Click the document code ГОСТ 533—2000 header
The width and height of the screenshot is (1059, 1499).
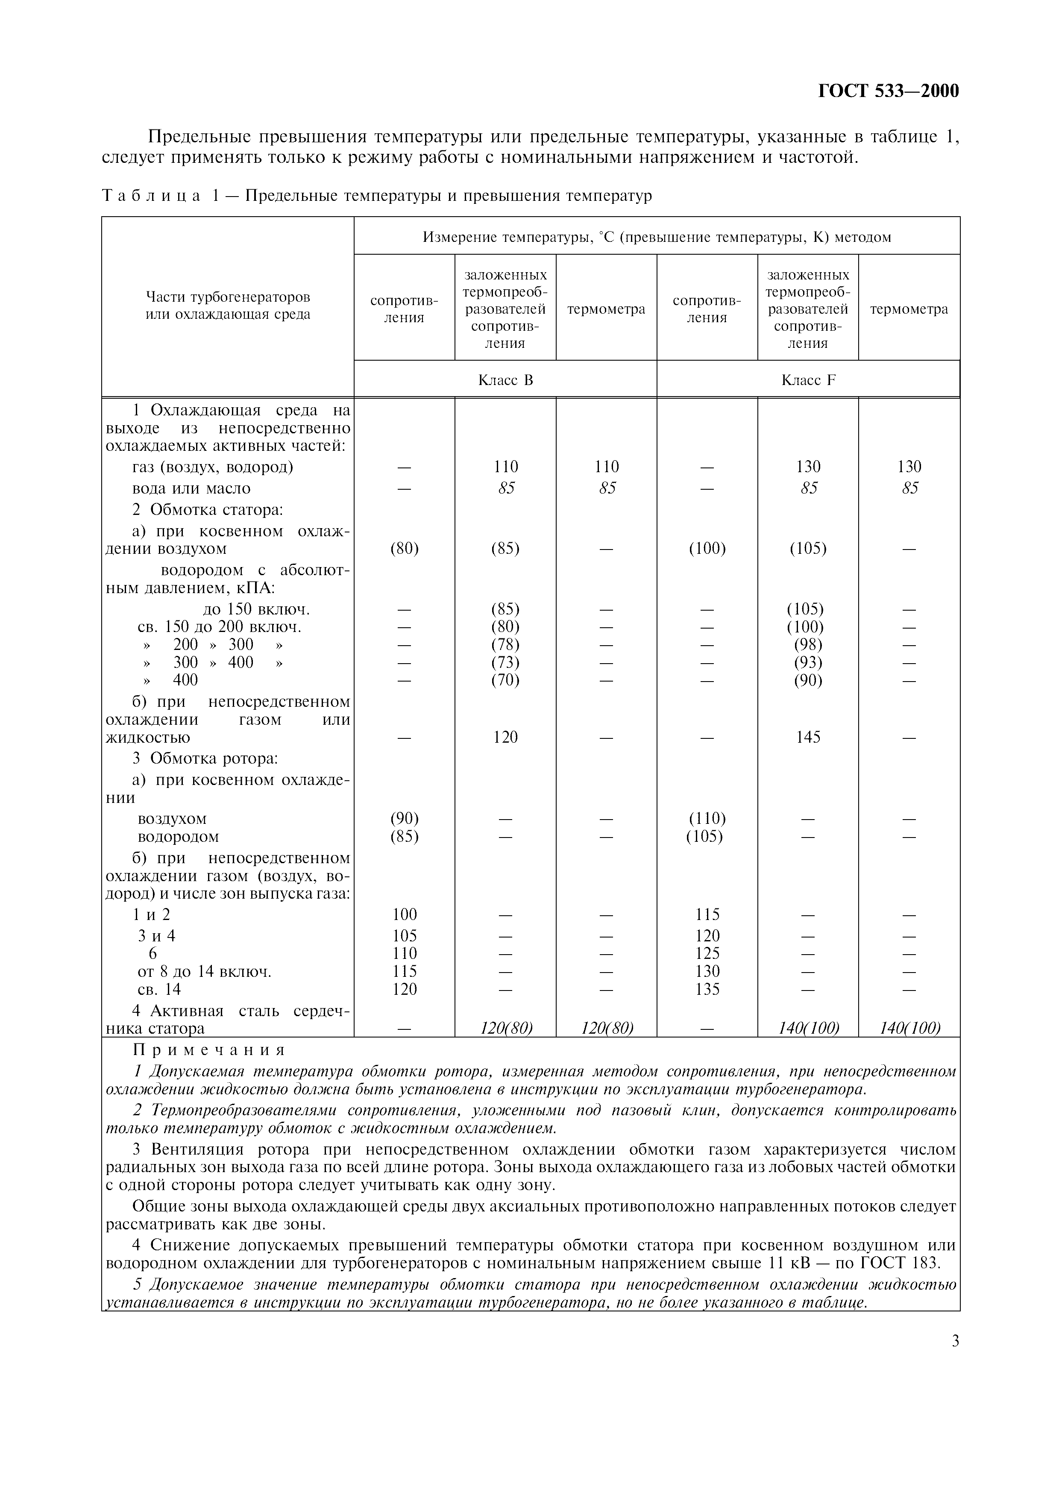[x=888, y=91]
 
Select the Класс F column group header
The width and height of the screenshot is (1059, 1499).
[x=808, y=380]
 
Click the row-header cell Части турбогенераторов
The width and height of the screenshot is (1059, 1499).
[x=228, y=306]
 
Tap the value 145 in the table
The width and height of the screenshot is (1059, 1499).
[x=808, y=737]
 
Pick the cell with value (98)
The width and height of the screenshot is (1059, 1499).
[x=808, y=644]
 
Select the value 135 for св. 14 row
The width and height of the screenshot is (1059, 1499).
[x=707, y=989]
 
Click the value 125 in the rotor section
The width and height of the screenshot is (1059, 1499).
[x=707, y=953]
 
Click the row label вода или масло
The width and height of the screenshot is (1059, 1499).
[x=191, y=488]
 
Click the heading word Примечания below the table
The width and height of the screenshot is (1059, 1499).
[x=209, y=1050]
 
